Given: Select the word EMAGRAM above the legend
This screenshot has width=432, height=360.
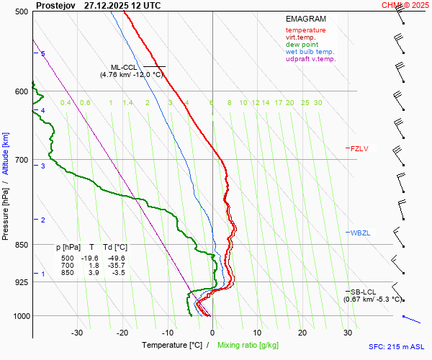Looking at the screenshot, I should pyautogui.click(x=305, y=19).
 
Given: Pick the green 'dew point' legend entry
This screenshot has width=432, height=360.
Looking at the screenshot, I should pyautogui.click(x=302, y=45).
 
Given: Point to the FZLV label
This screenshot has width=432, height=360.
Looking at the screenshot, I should pyautogui.click(x=359, y=149).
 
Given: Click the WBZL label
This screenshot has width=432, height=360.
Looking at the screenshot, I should pyautogui.click(x=360, y=233).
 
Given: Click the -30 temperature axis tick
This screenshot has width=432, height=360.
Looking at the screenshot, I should pyautogui.click(x=77, y=333).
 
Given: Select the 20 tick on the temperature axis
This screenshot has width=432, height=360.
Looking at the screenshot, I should pyautogui.click(x=302, y=333).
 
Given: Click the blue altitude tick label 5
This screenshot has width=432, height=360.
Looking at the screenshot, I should pyautogui.click(x=42, y=54).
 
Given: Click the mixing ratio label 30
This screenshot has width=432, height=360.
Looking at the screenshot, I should pyautogui.click(x=318, y=103).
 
